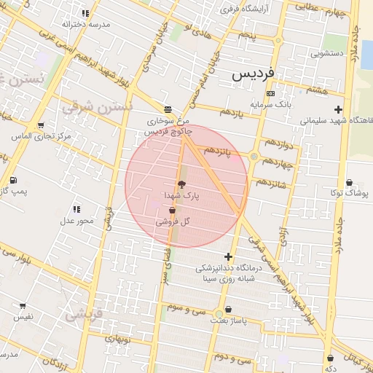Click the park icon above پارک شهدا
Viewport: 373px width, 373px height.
pyautogui.click(x=181, y=184)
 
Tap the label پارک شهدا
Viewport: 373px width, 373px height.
pyautogui.click(x=181, y=195)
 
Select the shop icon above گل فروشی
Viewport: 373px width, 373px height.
pyautogui.click(x=172, y=211)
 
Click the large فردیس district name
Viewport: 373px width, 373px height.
pyautogui.click(x=254, y=75)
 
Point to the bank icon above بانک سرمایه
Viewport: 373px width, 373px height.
pyautogui.click(x=270, y=93)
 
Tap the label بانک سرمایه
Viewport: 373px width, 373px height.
pyautogui.click(x=271, y=104)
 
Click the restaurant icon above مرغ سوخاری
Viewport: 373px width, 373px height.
pyautogui.click(x=168, y=109)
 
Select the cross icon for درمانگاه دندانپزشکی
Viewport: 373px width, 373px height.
pyautogui.click(x=229, y=256)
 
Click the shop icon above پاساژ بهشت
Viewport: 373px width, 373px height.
pyautogui.click(x=229, y=310)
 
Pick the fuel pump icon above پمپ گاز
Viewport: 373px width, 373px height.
pyautogui.click(x=12, y=180)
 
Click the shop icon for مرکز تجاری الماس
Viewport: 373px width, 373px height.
pyautogui.click(x=39, y=125)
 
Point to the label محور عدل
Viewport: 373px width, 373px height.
pyautogui.click(x=76, y=220)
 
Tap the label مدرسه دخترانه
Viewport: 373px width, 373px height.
pyautogui.click(x=86, y=24)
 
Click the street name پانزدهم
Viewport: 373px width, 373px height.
pyautogui.click(x=218, y=150)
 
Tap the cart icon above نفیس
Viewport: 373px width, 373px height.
pyautogui.click(x=23, y=306)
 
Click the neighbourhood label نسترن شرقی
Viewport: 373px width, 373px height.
pyautogui.click(x=98, y=107)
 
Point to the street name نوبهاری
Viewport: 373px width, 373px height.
pyautogui.click(x=117, y=339)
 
